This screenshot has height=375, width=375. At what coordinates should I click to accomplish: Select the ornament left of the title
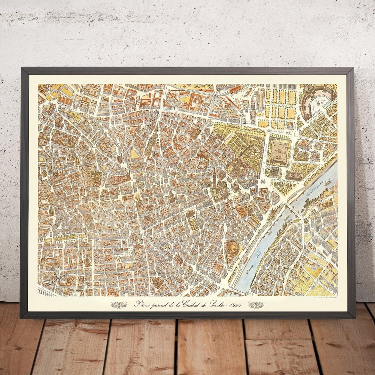[118, 305]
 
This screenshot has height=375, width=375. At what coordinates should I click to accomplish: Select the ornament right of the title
[256, 305]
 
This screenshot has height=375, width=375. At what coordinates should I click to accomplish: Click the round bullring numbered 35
[232, 246]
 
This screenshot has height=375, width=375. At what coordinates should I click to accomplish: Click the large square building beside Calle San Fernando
[279, 151]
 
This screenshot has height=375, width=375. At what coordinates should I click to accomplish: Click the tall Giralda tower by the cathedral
[215, 175]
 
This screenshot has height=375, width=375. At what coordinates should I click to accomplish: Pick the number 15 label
[133, 180]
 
